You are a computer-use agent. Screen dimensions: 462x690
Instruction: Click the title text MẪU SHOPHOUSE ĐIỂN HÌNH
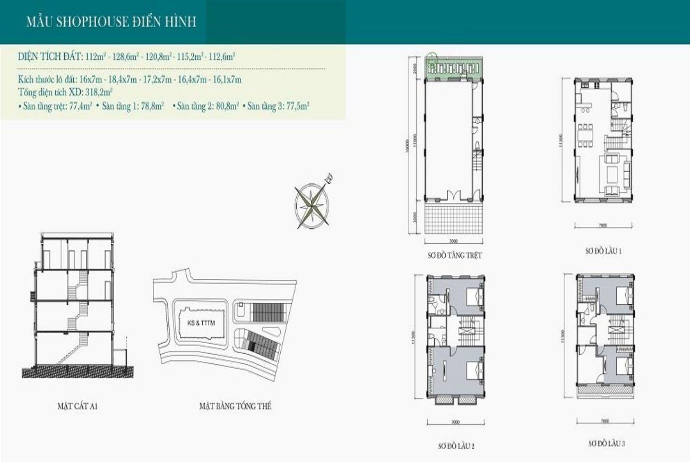coord(111,22)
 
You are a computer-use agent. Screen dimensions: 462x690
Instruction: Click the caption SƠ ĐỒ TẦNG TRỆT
coord(455,255)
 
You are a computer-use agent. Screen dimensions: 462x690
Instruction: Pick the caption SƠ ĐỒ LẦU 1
coord(603,251)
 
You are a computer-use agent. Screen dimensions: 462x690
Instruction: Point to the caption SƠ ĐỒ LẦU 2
coord(456,446)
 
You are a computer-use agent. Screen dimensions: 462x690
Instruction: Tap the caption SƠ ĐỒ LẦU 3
coord(606,443)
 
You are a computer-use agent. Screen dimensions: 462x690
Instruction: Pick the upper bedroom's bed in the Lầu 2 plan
coord(475,296)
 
